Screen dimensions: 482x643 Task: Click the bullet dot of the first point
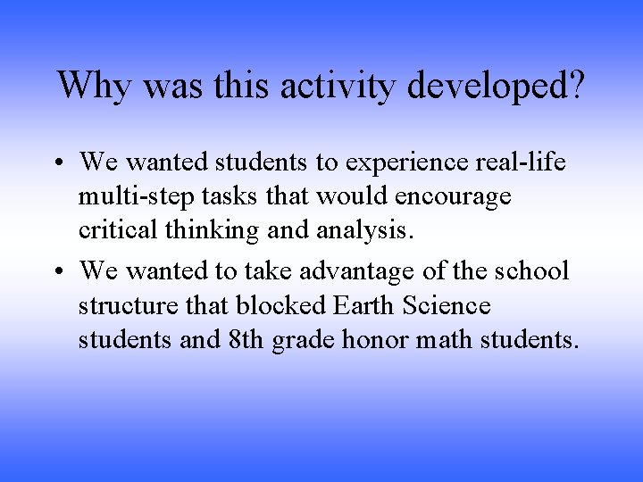61,163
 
